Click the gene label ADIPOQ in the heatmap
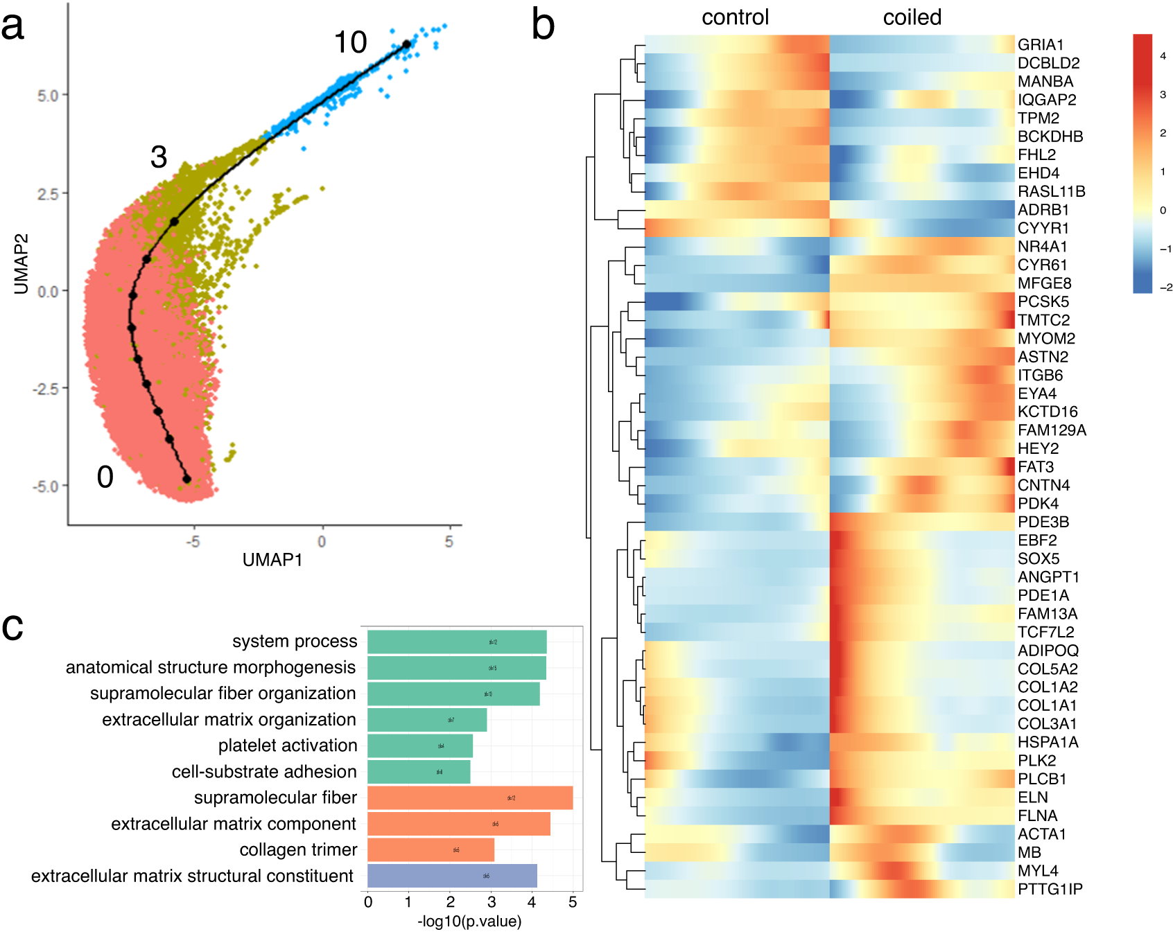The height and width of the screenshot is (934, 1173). click(x=1048, y=651)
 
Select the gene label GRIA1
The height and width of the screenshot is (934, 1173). click(x=1040, y=45)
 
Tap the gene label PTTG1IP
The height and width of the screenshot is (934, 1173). click(x=1050, y=889)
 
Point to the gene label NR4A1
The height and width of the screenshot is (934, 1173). click(x=1042, y=247)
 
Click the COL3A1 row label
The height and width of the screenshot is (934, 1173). click(x=1047, y=724)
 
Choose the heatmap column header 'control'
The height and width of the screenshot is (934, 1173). click(x=735, y=17)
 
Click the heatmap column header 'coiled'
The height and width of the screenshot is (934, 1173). click(x=912, y=17)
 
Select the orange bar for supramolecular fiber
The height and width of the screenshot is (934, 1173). click(x=469, y=798)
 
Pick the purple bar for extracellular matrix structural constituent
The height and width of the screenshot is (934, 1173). click(x=451, y=876)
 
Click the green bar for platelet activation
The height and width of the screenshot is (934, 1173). click(x=419, y=746)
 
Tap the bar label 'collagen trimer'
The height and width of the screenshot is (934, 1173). click(x=298, y=850)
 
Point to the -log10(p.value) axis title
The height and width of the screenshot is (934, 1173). click(x=469, y=922)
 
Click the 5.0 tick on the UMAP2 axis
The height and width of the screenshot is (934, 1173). click(x=48, y=96)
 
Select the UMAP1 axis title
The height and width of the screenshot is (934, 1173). click(x=272, y=560)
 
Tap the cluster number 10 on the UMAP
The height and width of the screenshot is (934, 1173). click(x=350, y=43)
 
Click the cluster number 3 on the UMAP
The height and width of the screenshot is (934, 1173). click(x=159, y=157)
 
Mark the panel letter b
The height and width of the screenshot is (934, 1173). click(x=543, y=25)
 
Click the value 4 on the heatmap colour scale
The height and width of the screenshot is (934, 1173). click(x=1163, y=56)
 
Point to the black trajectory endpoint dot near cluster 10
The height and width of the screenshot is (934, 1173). click(x=406, y=44)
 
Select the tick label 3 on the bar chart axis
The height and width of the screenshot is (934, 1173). click(x=492, y=902)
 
